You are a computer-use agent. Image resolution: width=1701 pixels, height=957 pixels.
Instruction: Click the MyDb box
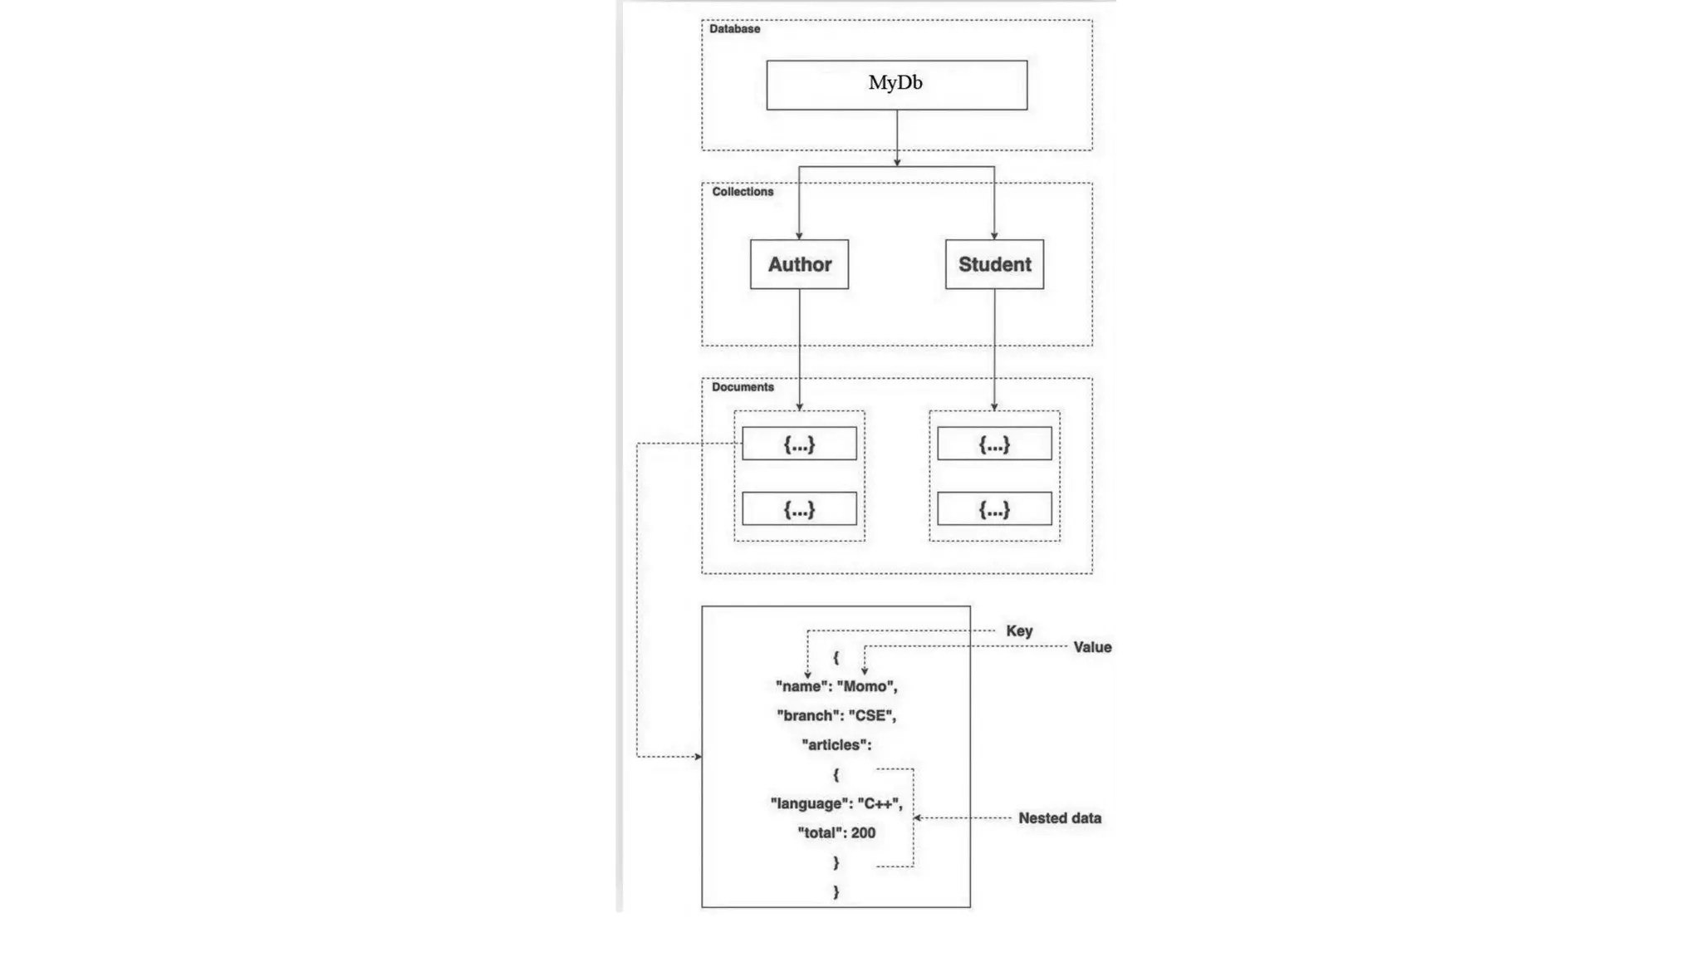896,84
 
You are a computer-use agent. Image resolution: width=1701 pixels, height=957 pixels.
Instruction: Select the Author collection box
799,264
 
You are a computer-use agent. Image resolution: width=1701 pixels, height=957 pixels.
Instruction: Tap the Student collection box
994,264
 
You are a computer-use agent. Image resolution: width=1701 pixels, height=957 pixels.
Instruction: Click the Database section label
734,29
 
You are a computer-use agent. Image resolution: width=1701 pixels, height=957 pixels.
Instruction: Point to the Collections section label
742,192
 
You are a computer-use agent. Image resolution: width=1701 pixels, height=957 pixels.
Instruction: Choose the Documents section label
742,387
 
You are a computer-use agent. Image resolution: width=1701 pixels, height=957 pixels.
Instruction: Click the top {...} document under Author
799,444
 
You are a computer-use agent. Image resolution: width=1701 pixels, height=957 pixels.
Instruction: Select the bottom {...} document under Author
799,508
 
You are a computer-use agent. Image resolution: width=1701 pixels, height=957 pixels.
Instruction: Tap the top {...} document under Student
994,444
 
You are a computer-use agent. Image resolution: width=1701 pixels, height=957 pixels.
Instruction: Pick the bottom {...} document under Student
994,508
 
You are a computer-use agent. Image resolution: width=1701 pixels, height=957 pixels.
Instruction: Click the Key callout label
1019,631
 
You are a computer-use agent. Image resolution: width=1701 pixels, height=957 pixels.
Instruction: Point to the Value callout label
1091,647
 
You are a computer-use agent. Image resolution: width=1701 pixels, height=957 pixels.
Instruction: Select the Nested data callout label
1059,818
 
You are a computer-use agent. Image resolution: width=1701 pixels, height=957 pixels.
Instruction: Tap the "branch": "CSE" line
836,715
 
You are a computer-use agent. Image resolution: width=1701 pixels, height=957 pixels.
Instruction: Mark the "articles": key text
836,745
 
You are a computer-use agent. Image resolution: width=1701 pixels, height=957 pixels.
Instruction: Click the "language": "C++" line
836,803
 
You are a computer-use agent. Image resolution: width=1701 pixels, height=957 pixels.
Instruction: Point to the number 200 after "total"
863,833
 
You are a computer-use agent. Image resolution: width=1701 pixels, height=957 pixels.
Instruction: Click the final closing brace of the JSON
836,891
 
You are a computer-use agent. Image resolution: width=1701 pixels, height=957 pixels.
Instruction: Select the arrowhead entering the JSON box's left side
698,757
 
